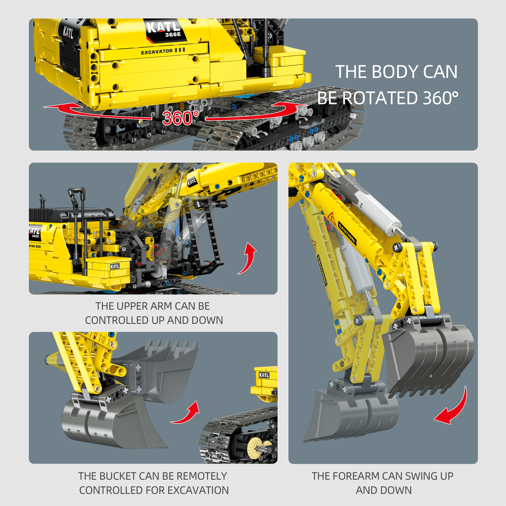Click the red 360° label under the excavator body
181,118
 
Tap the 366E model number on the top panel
173,35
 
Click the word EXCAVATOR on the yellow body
157,52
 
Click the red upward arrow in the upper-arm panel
247,258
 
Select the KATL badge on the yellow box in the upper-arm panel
115,267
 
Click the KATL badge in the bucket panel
264,375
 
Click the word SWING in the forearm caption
409,476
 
